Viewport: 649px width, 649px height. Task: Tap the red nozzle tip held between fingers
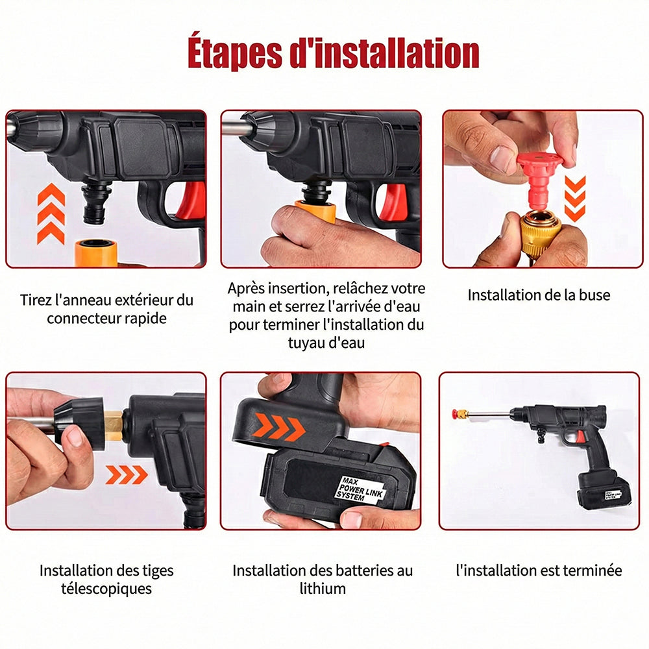click(x=539, y=174)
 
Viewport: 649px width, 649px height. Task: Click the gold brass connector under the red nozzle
click(x=540, y=233)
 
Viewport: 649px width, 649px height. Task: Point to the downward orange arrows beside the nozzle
click(x=575, y=198)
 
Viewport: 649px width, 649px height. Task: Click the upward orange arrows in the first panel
click(x=51, y=214)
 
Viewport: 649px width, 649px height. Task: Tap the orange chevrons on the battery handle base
click(x=278, y=427)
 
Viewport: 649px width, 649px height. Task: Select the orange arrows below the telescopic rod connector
click(x=127, y=474)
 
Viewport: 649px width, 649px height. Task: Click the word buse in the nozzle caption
click(x=594, y=295)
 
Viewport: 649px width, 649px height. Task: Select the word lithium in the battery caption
click(x=323, y=588)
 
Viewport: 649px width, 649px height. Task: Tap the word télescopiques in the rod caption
click(x=106, y=589)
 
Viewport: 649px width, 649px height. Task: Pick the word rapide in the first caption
click(x=145, y=318)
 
